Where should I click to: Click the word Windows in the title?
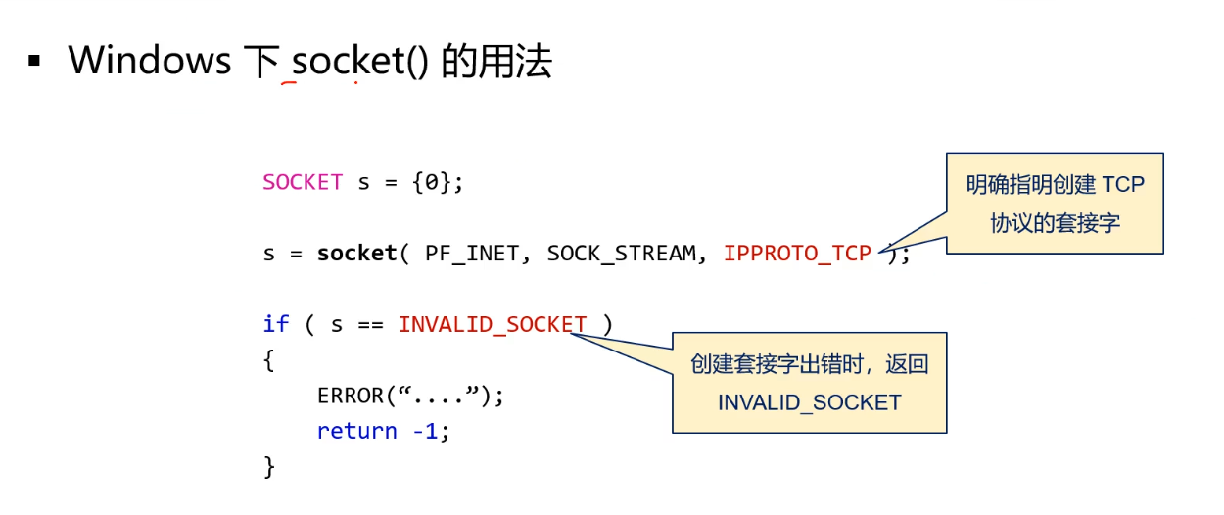click(x=149, y=62)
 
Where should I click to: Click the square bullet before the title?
click(x=35, y=62)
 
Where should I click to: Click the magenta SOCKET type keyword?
click(x=303, y=183)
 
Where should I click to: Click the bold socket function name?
click(x=356, y=254)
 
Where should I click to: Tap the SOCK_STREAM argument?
click(x=621, y=254)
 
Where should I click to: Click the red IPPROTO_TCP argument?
click(x=797, y=254)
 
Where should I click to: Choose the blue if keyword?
click(x=276, y=324)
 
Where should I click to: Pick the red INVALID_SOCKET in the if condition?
click(x=493, y=324)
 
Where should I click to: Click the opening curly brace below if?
click(x=269, y=360)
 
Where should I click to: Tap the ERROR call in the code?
click(x=351, y=396)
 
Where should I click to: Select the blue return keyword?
click(x=356, y=431)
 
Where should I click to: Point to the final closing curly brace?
click(x=269, y=466)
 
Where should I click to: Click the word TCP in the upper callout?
click(x=1122, y=185)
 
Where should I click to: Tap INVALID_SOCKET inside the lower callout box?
click(x=809, y=402)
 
